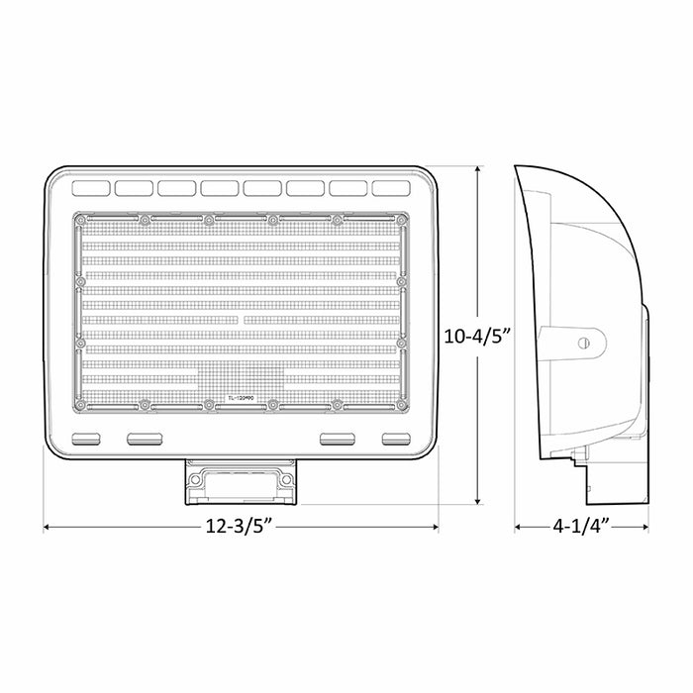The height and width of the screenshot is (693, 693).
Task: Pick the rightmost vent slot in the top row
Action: pyautogui.click(x=391, y=187)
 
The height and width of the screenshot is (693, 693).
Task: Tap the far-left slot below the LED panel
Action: pyautogui.click(x=87, y=438)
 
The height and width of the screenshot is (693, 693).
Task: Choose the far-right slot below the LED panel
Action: pyautogui.click(x=396, y=438)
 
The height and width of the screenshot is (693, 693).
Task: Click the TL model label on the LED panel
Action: pyautogui.click(x=241, y=398)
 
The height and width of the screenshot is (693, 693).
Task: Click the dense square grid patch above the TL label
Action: pyautogui.click(x=241, y=377)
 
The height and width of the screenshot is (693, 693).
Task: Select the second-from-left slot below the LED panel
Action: pyautogui.click(x=145, y=438)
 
